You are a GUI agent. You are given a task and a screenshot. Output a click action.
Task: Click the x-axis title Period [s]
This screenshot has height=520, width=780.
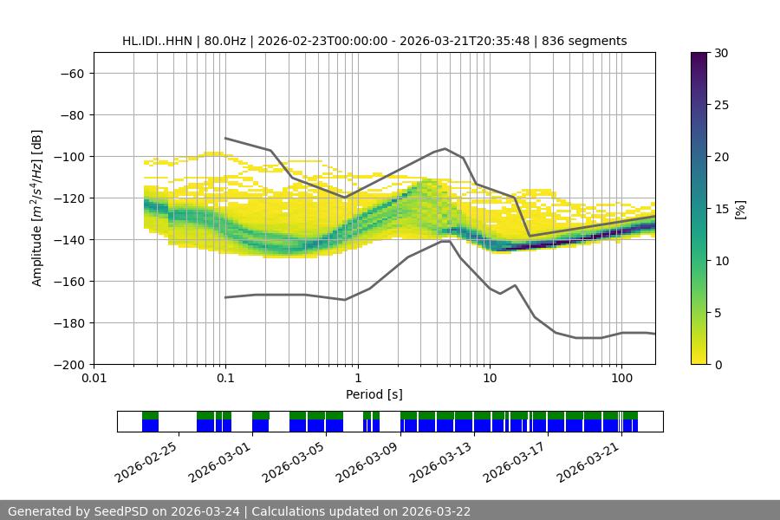[374, 394]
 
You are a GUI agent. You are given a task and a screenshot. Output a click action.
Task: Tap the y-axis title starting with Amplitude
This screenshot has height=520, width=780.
[36, 208]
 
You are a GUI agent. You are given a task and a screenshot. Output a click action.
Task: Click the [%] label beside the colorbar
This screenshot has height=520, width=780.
[739, 208]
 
